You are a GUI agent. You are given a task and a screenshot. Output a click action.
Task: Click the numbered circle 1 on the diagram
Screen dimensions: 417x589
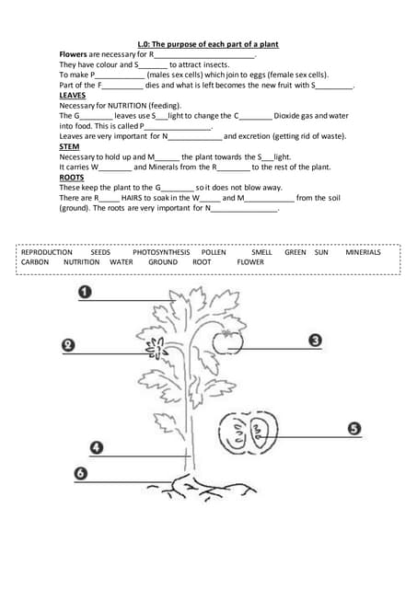pyautogui.click(x=85, y=293)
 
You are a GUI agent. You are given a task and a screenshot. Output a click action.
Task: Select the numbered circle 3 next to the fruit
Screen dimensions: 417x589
pyautogui.click(x=315, y=341)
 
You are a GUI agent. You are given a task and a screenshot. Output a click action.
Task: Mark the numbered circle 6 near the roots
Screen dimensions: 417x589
pyautogui.click(x=81, y=473)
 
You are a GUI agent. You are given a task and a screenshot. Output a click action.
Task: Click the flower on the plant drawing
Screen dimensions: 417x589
pyautogui.click(x=157, y=349)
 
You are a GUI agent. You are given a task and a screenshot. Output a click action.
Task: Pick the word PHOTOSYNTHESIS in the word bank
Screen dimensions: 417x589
pyautogui.click(x=161, y=251)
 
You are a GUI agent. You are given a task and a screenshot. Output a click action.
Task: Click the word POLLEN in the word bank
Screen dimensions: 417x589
pyautogui.click(x=214, y=251)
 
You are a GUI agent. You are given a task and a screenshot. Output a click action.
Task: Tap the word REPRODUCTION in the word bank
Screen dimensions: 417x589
pyautogui.click(x=47, y=251)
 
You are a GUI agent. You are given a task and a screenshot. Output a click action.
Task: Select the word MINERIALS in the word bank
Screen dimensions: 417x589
pyautogui.click(x=363, y=251)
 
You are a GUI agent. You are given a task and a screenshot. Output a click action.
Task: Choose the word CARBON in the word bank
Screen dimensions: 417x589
pyautogui.click(x=35, y=261)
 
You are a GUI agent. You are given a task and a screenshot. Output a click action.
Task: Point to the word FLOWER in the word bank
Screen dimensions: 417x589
pyautogui.click(x=250, y=261)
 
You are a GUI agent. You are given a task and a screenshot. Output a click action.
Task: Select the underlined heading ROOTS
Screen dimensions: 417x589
pyautogui.click(x=71, y=177)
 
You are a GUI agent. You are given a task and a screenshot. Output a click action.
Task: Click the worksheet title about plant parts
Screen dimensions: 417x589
pyautogui.click(x=208, y=44)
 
